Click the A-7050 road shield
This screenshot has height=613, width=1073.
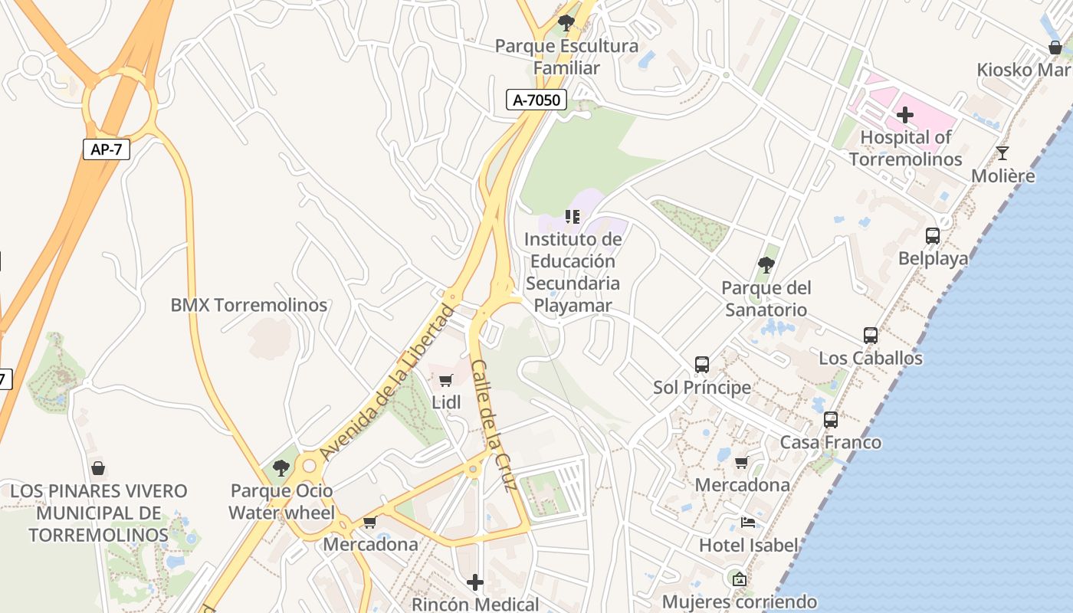[536, 99]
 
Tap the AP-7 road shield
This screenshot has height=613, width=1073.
[106, 149]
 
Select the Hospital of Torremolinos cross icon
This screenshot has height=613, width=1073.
[905, 115]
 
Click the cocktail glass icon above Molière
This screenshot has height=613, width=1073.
[1002, 153]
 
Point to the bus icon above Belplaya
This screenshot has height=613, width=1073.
[933, 236]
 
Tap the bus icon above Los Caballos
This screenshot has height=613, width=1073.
[871, 336]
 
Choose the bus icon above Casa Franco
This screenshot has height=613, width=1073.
[831, 420]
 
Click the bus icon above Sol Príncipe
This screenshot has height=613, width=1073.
[702, 365]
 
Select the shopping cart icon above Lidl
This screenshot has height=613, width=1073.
[446, 380]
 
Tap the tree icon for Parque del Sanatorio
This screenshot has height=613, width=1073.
[766, 265]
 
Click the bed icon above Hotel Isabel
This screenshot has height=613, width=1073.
[748, 523]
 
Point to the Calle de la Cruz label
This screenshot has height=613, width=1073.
[494, 425]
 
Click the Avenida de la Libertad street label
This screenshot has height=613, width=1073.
[387, 383]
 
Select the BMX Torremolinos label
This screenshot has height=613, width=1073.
[248, 305]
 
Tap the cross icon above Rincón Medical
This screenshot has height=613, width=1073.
[475, 582]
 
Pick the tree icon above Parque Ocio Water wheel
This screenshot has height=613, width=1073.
[281, 468]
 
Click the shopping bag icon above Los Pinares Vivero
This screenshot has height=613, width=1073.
[98, 468]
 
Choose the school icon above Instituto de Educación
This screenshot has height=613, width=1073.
[573, 217]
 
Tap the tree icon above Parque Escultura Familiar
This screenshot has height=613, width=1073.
[566, 23]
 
